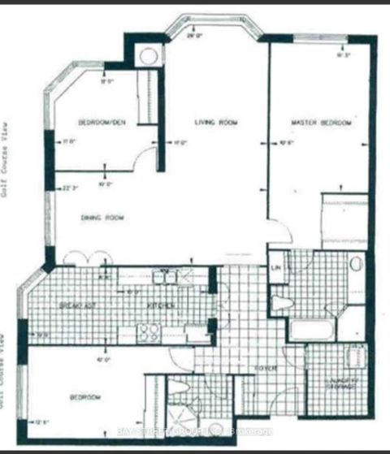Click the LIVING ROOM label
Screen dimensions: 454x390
tap(215, 123)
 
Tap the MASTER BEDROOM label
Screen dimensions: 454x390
tap(322, 123)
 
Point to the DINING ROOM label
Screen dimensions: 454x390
tap(101, 217)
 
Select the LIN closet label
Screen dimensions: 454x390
tap(275, 268)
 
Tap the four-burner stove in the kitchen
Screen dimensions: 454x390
tap(149, 331)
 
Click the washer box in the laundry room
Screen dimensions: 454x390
tap(355, 358)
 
